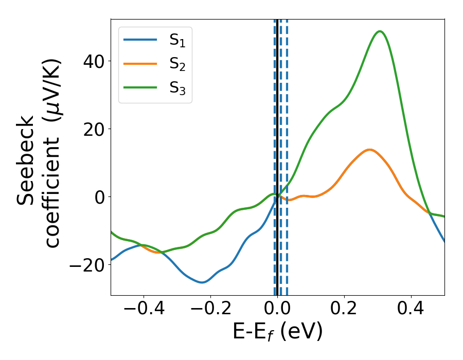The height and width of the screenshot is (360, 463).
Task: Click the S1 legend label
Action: (177, 41)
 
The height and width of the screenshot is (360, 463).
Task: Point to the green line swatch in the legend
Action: (140, 88)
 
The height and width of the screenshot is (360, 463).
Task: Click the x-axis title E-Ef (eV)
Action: (277, 332)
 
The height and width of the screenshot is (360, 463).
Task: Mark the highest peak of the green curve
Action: (380, 31)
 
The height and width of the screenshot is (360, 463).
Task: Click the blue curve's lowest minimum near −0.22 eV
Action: (202, 282)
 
